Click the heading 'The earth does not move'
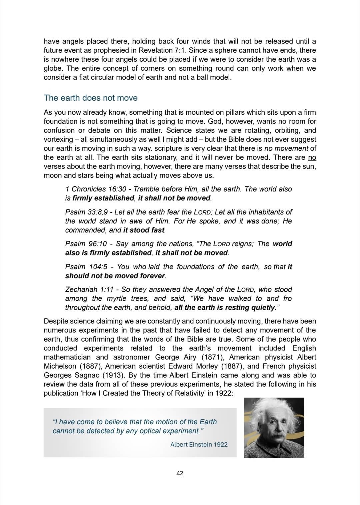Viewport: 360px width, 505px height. pyautogui.click(x=91, y=98)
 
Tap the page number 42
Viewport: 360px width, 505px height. pyautogui.click(x=180, y=473)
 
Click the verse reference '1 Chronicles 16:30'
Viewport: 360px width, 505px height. pyautogui.click(x=96, y=189)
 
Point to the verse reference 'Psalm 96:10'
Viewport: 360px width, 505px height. pyautogui.click(x=86, y=244)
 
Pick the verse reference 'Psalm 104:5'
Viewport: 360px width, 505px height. pyautogui.click(x=86, y=267)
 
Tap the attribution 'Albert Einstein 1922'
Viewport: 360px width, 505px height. pyautogui.click(x=199, y=444)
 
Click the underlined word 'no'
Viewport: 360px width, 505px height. pyautogui.click(x=312, y=157)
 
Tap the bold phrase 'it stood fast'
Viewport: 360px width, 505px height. pyautogui.click(x=144, y=230)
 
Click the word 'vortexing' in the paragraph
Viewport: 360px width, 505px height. pyautogui.click(x=58, y=139)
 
